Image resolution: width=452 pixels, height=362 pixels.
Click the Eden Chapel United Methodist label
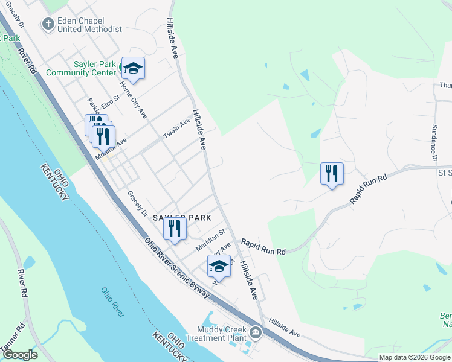click(x=89, y=25)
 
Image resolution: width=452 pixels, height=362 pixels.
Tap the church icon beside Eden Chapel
click(x=48, y=24)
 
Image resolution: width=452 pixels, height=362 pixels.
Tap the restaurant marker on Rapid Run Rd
click(x=332, y=173)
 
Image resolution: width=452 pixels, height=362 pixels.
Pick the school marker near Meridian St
click(x=219, y=266)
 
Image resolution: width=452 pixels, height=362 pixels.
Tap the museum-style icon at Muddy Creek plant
click(x=256, y=332)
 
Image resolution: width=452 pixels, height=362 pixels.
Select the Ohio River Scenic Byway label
click(x=176, y=267)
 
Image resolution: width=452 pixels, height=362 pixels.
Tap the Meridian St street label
click(x=210, y=236)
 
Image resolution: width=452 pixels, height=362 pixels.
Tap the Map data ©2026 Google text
click(x=415, y=357)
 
